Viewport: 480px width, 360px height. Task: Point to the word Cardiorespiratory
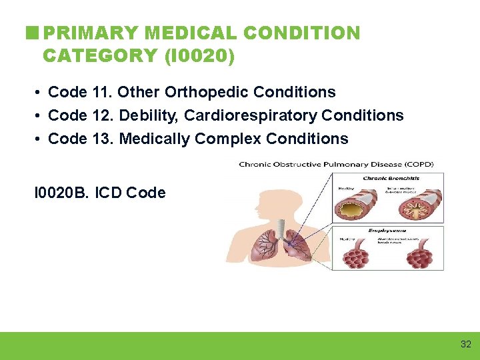[251, 115]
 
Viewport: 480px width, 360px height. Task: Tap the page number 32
[465, 345]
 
